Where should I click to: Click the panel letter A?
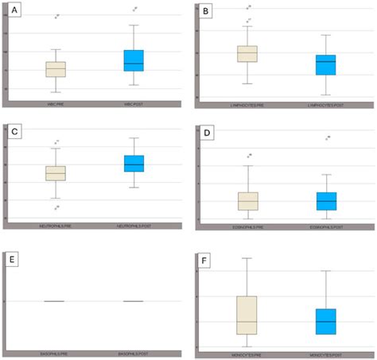point(14,12)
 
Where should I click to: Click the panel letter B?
point(206,12)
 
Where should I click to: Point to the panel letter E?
point(14,257)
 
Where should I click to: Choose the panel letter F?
point(206,257)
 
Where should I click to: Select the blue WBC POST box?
point(134,60)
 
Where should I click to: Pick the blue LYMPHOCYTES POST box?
point(325,64)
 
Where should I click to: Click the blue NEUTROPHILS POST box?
point(134,163)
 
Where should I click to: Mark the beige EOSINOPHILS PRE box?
point(248,200)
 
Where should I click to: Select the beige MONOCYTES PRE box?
point(247,315)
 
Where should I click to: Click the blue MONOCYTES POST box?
point(325,321)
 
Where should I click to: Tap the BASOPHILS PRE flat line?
point(54,301)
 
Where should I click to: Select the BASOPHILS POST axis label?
point(134,352)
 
